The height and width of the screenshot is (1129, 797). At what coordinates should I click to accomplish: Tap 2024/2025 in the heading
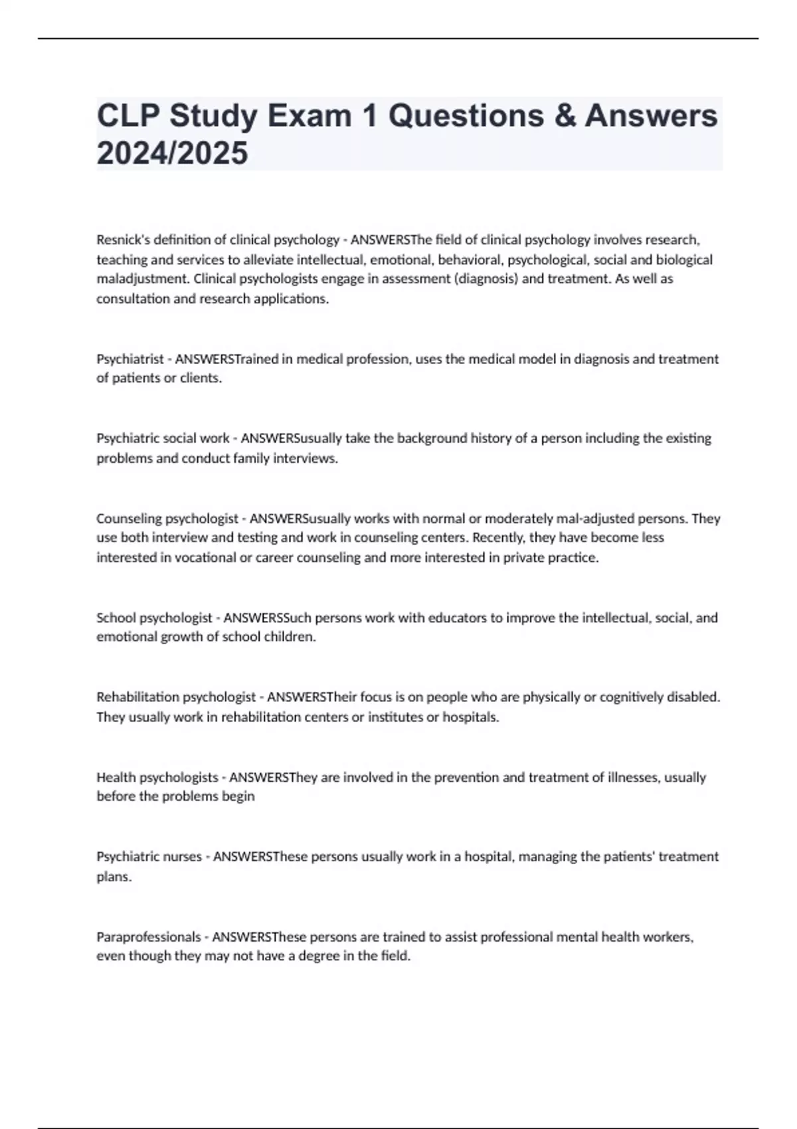pyautogui.click(x=172, y=153)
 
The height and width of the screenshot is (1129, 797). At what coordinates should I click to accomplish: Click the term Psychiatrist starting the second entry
pyautogui.click(x=130, y=359)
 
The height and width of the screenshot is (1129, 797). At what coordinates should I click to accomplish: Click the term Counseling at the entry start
pyautogui.click(x=128, y=519)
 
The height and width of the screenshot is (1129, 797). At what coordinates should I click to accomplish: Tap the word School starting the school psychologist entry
pyautogui.click(x=116, y=618)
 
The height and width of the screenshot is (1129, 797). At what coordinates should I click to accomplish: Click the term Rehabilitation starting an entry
pyautogui.click(x=137, y=697)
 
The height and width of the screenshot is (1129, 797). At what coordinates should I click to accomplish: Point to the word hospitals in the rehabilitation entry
pyautogui.click(x=470, y=717)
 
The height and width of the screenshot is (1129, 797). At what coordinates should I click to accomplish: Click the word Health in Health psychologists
pyautogui.click(x=116, y=778)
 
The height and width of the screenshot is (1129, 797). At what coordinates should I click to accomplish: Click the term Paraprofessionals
pyautogui.click(x=148, y=937)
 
